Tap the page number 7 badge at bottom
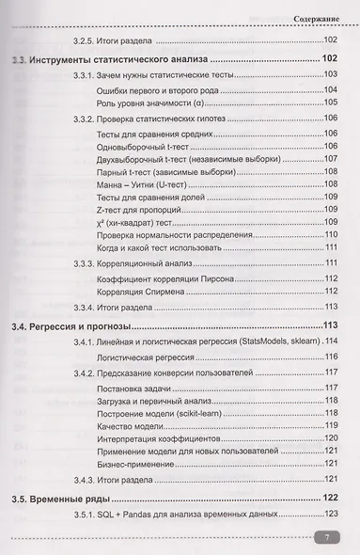324,537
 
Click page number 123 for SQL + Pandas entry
330,514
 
